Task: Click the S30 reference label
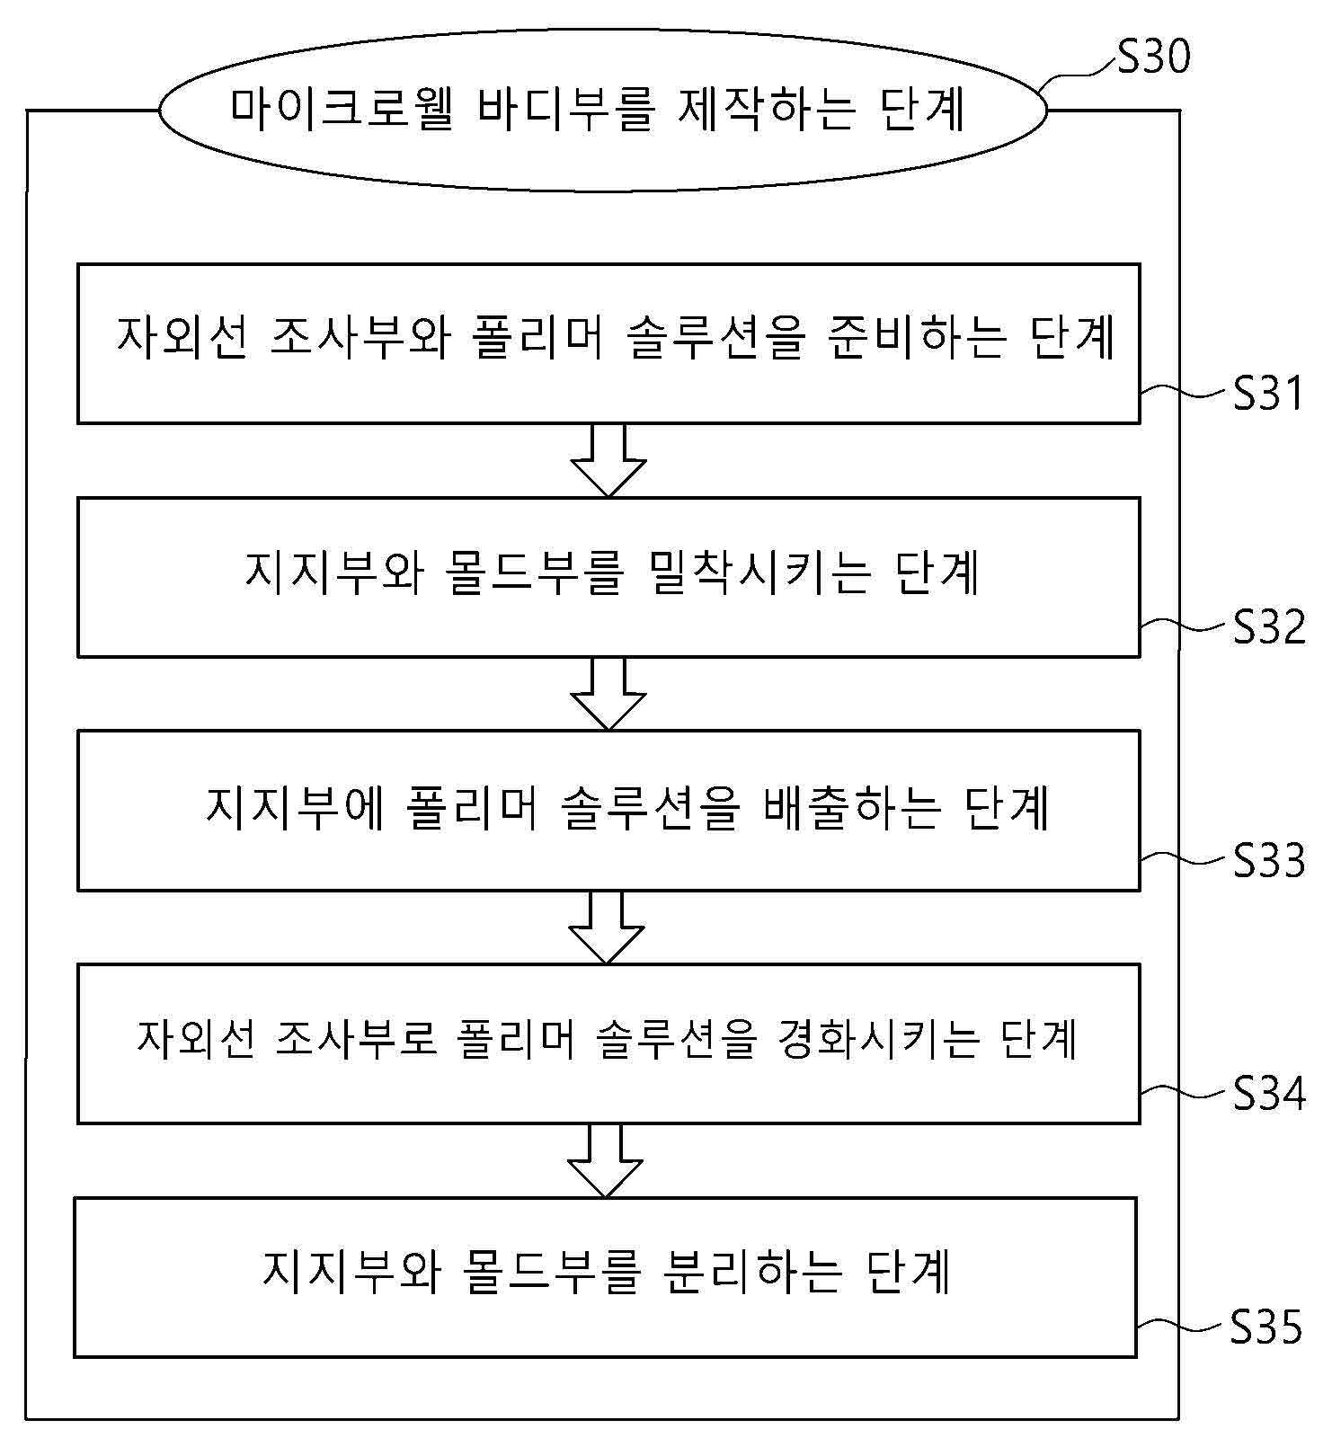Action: [x=1153, y=56]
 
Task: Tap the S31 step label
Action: [x=1267, y=393]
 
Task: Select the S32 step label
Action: [x=1268, y=626]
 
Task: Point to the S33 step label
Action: [x=1268, y=860]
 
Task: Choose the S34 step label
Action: [x=1268, y=1093]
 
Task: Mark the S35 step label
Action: [x=1266, y=1327]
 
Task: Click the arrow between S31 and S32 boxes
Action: [x=608, y=460]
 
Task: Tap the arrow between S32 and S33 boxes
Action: [x=608, y=694]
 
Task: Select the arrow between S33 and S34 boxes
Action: [x=607, y=928]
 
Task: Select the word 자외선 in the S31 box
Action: [x=181, y=339]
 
